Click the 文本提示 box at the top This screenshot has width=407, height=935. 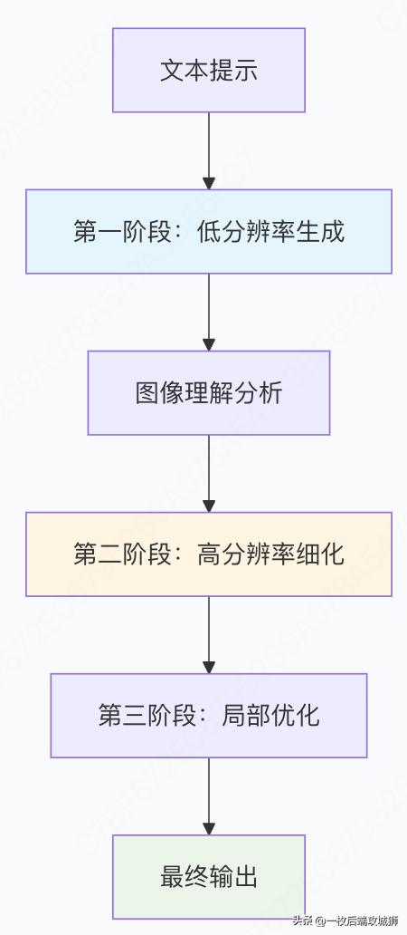209,71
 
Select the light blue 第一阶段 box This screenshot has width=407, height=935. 209,232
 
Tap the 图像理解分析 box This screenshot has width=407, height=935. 209,393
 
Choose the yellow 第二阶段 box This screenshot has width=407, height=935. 209,554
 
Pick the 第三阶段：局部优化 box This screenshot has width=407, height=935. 209,716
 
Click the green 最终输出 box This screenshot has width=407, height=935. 209,877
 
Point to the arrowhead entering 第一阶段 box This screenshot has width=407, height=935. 209,182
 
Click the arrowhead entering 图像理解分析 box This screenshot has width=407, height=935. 209,343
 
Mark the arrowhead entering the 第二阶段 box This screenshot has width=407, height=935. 209,505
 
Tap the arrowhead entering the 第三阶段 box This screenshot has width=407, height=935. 209,666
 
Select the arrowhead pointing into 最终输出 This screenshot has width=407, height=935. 209,827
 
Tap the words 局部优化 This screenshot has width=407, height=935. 270,716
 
